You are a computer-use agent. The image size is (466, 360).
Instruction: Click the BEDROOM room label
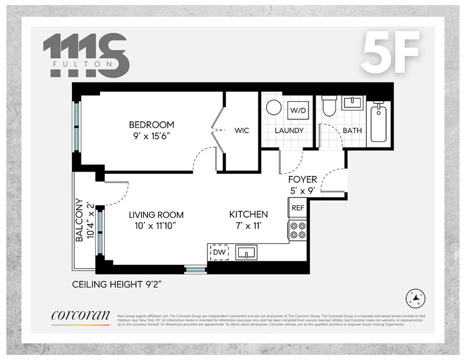(151, 125)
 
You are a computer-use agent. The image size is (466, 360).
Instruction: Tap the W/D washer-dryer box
(298, 110)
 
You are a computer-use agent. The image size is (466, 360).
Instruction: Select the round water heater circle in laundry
(274, 107)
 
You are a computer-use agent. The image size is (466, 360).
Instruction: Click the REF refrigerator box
(298, 208)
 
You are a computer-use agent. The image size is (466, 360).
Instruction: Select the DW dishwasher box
(219, 252)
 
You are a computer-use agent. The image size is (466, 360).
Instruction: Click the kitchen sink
(246, 252)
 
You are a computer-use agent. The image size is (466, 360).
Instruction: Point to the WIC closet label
(242, 130)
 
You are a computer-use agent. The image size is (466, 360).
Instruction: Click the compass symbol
(416, 298)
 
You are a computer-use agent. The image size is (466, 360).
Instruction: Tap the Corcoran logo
(80, 316)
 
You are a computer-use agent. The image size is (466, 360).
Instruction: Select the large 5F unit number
(391, 52)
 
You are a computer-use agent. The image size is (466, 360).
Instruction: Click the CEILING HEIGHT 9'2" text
(117, 284)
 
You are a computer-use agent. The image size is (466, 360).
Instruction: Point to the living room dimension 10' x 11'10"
(156, 226)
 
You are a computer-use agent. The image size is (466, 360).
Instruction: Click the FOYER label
(303, 179)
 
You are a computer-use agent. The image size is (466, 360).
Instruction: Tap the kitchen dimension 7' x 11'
(248, 226)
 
